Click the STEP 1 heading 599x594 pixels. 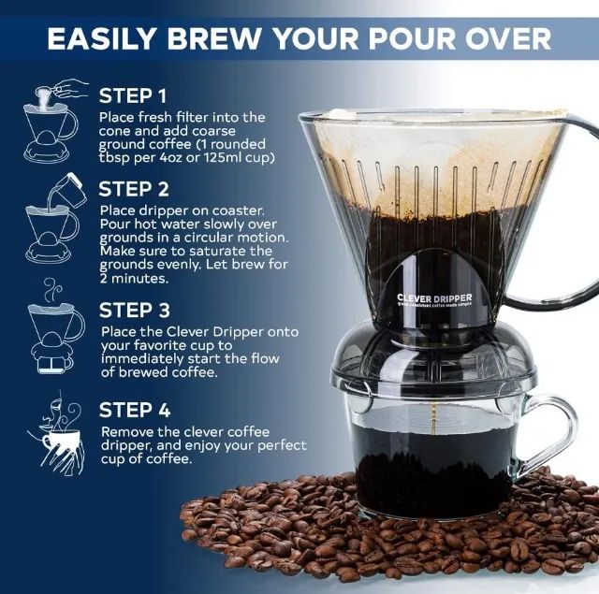click(133, 95)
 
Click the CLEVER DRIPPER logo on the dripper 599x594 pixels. click(433, 299)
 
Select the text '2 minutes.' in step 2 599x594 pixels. click(134, 278)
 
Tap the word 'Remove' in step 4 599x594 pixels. click(127, 431)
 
